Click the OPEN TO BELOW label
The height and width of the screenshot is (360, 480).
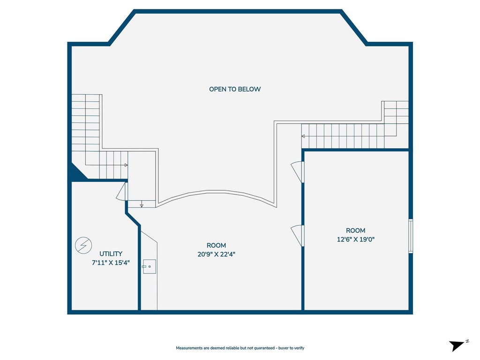(235, 89)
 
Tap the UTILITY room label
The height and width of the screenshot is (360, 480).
(111, 254)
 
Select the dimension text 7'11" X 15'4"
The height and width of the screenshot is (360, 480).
(111, 262)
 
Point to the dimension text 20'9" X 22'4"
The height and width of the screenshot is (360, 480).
(217, 254)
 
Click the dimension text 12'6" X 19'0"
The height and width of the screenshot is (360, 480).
(356, 240)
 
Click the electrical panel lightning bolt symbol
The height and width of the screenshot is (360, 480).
(83, 245)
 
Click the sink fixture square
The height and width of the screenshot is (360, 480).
(150, 267)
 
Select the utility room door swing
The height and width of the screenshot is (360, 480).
(121, 192)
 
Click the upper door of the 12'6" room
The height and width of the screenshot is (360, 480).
(297, 172)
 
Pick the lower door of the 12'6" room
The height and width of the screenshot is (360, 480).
(297, 235)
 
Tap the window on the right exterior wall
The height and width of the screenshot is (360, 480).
(411, 236)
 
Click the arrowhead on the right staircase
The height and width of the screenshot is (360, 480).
(303, 136)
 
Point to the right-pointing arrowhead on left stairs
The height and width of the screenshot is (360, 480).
(126, 165)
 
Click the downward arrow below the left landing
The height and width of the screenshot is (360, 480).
(142, 205)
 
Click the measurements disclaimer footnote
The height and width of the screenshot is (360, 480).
(240, 348)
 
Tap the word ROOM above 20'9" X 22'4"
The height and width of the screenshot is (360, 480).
(217, 246)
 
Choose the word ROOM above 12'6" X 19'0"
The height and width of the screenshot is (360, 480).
(356, 231)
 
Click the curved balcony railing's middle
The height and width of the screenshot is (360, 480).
(217, 192)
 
